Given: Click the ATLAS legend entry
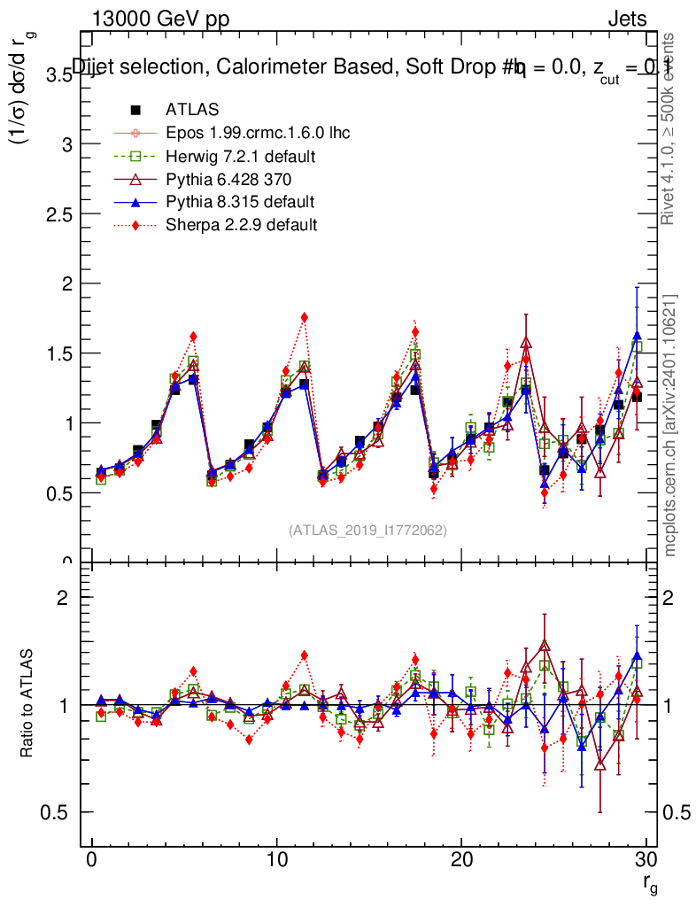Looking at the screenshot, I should click(x=192, y=110).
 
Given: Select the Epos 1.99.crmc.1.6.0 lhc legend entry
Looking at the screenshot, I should click(x=258, y=133).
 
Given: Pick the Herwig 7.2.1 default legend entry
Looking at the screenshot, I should click(x=241, y=156).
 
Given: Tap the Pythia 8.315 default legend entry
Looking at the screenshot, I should click(x=240, y=202).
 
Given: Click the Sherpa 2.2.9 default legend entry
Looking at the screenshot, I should click(x=241, y=225).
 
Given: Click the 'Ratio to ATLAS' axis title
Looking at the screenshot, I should click(x=28, y=705).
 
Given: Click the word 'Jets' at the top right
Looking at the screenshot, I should click(x=626, y=19).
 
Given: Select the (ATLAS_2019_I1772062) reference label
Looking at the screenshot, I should click(x=367, y=531).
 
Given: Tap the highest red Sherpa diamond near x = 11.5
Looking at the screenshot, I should click(x=304, y=317).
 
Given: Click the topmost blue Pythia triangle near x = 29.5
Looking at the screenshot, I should click(x=637, y=336).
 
